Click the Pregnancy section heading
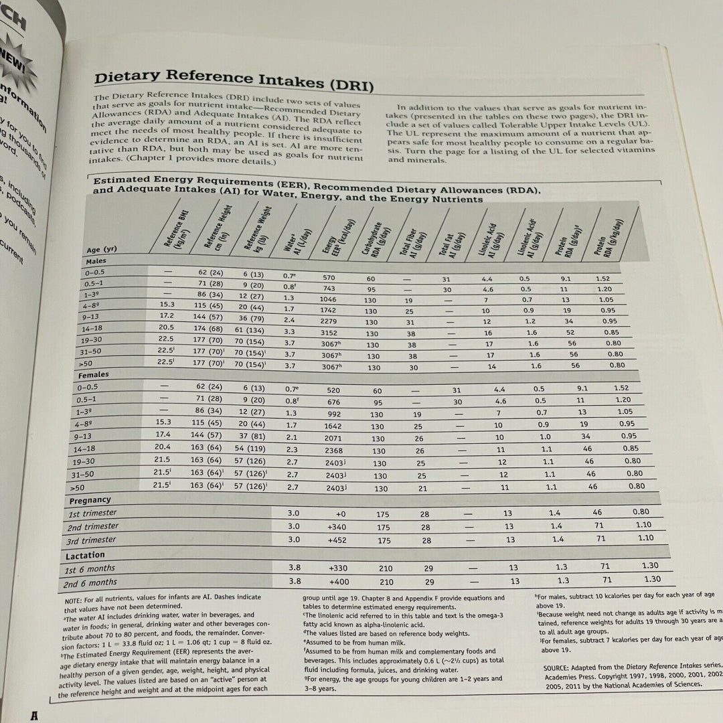coord(89,499)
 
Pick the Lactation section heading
coord(86,555)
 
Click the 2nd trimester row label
coord(92,526)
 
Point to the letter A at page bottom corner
coord(29,714)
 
